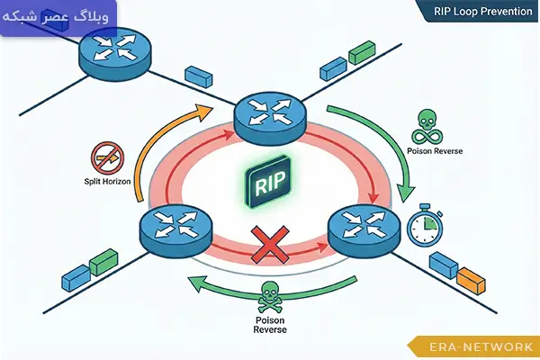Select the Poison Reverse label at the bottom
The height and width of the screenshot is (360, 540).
click(269, 324)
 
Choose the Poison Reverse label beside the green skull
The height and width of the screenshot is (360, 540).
click(436, 151)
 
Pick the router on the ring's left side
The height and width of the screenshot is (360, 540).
click(175, 232)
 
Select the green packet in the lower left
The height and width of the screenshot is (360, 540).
click(102, 262)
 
